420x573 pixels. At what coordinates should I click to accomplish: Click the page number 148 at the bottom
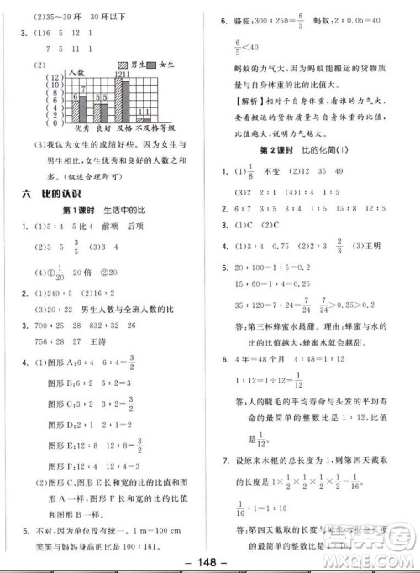coord(210,562)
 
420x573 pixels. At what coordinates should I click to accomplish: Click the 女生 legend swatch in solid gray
coord(150,64)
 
